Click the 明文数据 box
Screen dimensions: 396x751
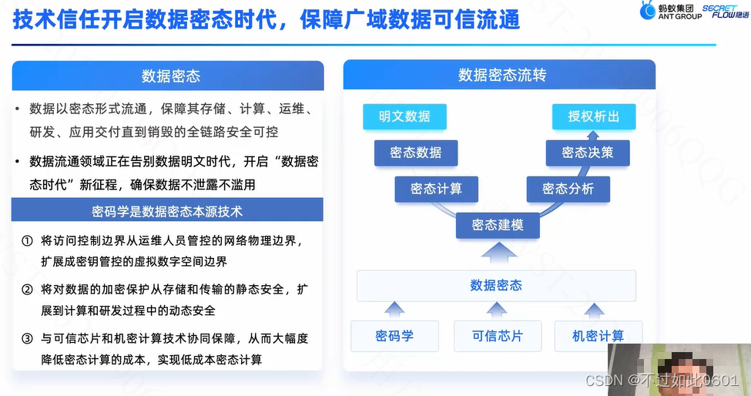click(x=404, y=117)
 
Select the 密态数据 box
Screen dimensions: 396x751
click(x=416, y=153)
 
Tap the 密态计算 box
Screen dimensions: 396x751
click(x=437, y=189)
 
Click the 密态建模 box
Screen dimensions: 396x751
click(x=497, y=225)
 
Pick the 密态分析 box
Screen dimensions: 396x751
click(x=568, y=189)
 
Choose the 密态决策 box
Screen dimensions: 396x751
click(x=588, y=153)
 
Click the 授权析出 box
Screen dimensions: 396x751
click(x=593, y=117)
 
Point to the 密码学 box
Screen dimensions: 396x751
click(x=394, y=336)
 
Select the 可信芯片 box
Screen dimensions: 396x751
click(x=497, y=336)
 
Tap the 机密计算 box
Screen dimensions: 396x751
click(x=598, y=336)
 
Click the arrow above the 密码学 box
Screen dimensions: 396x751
click(x=394, y=310)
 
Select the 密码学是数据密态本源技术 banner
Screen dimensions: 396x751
click(x=168, y=210)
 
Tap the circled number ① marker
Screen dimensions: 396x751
click(x=27, y=241)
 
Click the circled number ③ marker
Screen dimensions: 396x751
click(x=27, y=338)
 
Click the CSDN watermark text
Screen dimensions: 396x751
click(x=662, y=381)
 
